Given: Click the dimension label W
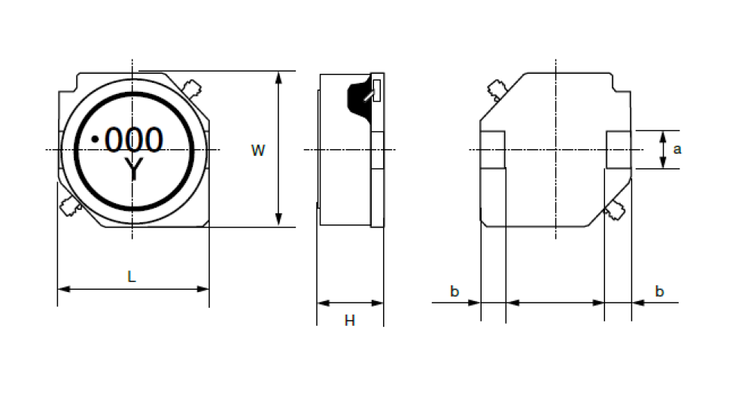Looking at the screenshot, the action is (258, 151).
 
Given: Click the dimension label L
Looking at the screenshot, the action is (132, 276).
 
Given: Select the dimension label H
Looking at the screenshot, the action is (350, 321).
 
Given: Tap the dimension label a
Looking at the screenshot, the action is (677, 149).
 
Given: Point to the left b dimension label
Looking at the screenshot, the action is (455, 291).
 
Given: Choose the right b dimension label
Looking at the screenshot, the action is (659, 291).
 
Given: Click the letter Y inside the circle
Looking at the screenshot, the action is (134, 169).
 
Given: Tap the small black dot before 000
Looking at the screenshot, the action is (95, 139).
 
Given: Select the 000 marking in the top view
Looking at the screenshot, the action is (134, 140).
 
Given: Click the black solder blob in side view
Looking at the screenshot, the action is (360, 99).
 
